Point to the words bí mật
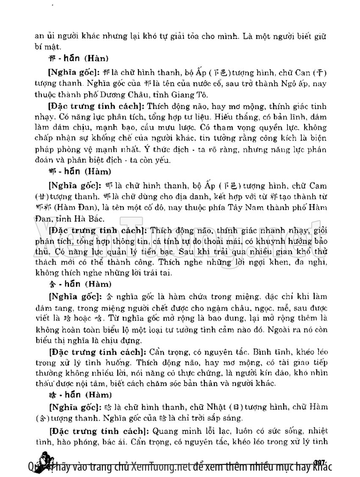coord(48,47)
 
